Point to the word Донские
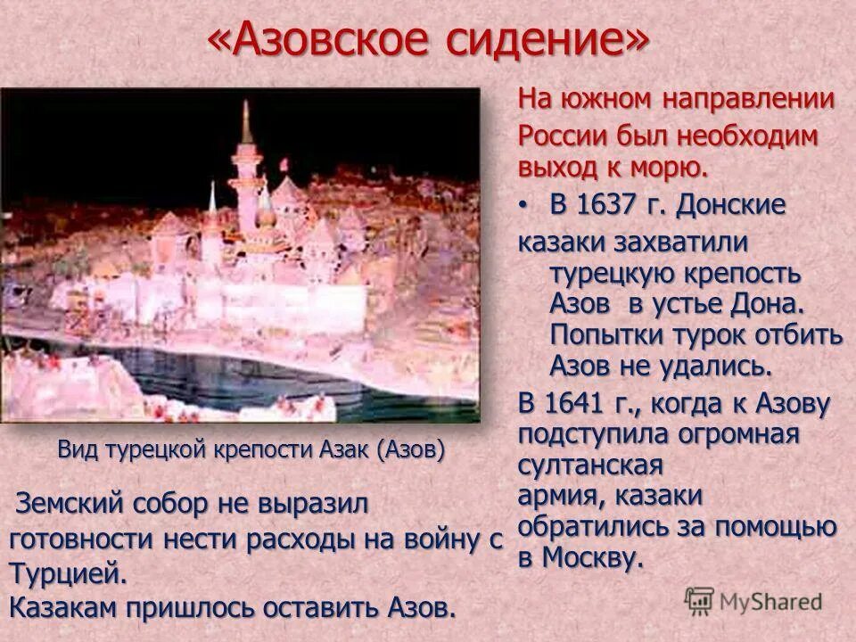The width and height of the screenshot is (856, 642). [x=730, y=205]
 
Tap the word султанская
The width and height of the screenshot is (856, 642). [x=591, y=466]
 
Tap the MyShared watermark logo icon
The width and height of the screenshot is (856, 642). [x=700, y=599]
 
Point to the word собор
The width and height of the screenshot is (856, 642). [x=169, y=504]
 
